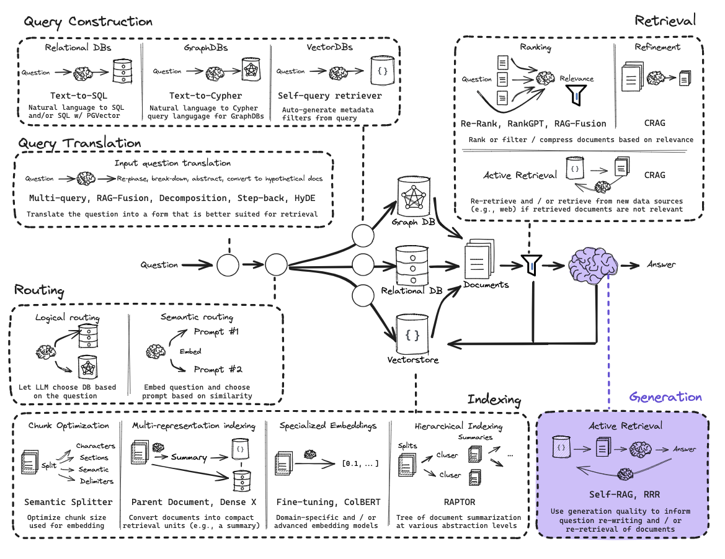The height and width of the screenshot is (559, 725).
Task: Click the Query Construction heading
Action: (x=88, y=22)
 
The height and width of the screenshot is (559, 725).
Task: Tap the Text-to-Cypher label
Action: (x=206, y=96)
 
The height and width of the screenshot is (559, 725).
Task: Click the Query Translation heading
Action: (x=79, y=143)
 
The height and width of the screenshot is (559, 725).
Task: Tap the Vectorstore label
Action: (x=413, y=360)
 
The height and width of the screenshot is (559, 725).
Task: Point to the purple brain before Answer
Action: (x=592, y=264)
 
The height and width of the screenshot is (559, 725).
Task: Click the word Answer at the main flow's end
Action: (x=661, y=265)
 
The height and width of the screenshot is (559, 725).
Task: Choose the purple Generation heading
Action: (x=665, y=397)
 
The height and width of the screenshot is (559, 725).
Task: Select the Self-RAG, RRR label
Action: (x=623, y=494)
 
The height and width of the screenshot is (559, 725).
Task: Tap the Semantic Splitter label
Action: (x=68, y=502)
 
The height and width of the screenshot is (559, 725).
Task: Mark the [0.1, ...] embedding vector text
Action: (x=360, y=463)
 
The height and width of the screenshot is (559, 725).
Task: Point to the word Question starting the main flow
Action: (x=159, y=265)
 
